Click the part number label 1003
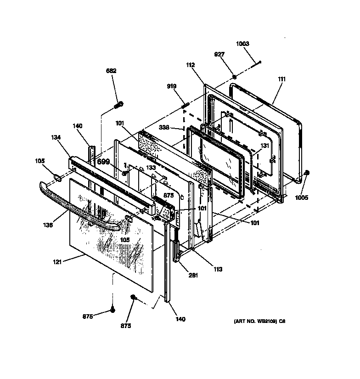(x=242, y=44)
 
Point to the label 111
(x=281, y=79)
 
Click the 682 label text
(x=111, y=71)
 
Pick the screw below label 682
(x=118, y=105)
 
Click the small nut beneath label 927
(x=234, y=76)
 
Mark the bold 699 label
(x=103, y=162)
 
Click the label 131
(x=264, y=145)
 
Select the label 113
(x=217, y=269)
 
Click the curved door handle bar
(x=78, y=206)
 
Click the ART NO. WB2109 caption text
(x=259, y=322)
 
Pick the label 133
(x=151, y=167)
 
